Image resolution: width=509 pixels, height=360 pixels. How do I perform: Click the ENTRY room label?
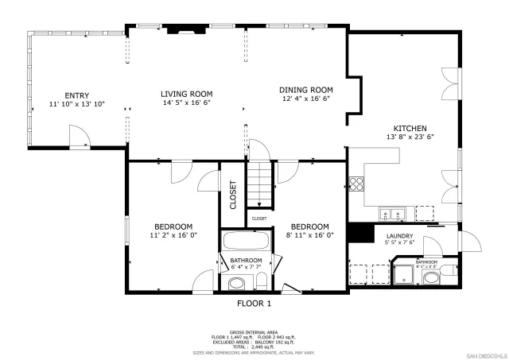(77, 95)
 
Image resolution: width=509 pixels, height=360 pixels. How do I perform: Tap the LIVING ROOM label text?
(188, 94)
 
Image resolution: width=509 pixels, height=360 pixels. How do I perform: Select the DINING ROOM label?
(305, 90)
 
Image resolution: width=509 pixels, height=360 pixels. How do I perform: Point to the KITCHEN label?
(410, 129)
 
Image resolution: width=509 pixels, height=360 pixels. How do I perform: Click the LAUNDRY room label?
(399, 236)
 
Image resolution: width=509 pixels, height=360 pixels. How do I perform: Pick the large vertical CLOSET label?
(233, 195)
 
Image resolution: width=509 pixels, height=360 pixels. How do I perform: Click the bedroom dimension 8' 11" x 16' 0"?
(309, 235)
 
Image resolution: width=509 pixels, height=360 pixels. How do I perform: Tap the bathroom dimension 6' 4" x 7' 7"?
(246, 268)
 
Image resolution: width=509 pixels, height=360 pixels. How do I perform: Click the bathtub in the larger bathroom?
(247, 242)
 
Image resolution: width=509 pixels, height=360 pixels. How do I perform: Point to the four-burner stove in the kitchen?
(357, 184)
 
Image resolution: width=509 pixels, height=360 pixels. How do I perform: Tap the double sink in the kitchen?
(392, 213)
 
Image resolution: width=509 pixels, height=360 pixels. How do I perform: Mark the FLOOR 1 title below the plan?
(254, 304)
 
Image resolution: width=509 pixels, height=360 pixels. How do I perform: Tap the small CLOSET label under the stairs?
(259, 218)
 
